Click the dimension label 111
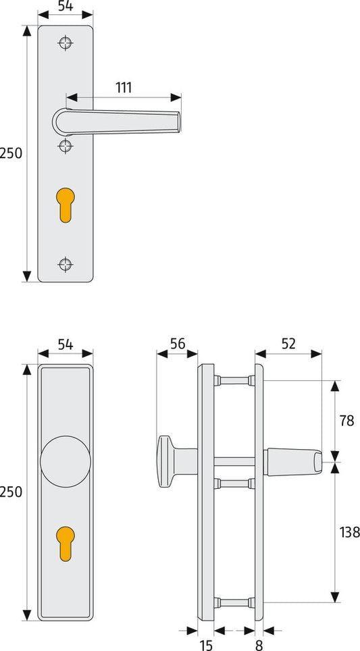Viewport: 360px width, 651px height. [124, 88]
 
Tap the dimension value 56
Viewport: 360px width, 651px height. [178, 344]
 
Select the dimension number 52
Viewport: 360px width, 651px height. [288, 344]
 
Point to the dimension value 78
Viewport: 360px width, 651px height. [346, 421]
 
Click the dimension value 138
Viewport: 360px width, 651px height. [349, 532]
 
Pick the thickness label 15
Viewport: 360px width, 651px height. [206, 645]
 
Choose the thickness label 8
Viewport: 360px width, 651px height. [259, 645]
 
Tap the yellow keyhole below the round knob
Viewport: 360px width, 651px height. [66, 544]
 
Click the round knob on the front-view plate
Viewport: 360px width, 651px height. [66, 461]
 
